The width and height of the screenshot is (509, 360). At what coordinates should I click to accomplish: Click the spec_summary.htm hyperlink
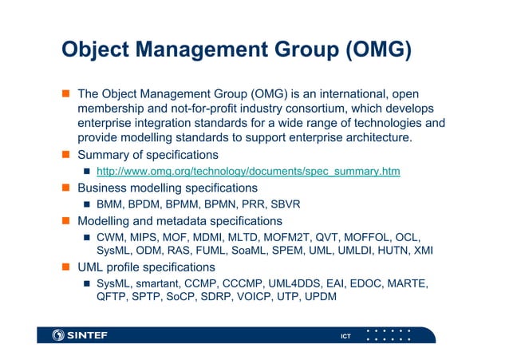coord(248,172)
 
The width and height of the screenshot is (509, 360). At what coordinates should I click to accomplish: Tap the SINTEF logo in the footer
coord(80,335)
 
